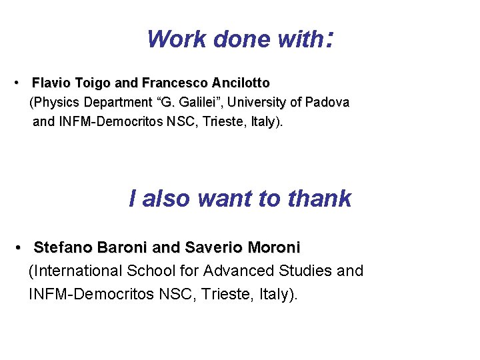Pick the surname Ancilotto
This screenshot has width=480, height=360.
click(x=241, y=83)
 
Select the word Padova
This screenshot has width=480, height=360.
click(x=327, y=103)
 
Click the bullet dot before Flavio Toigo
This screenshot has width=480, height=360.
click(x=15, y=83)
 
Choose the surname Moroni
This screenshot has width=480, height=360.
click(x=274, y=248)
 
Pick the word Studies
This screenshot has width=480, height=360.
click(x=302, y=271)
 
